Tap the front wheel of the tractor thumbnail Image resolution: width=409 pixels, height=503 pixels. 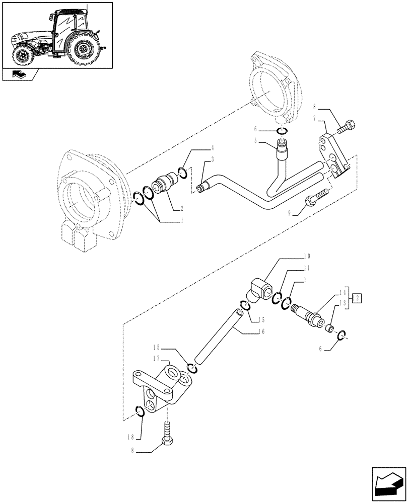point(22,55)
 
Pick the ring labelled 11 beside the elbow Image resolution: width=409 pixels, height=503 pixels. point(277,299)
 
